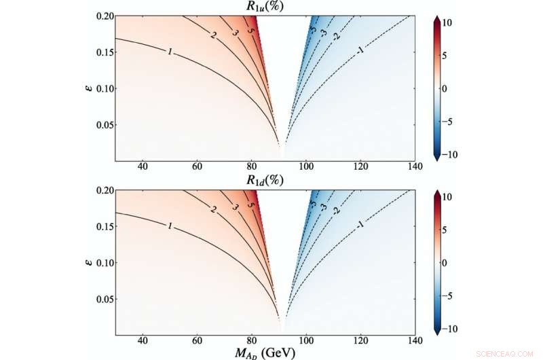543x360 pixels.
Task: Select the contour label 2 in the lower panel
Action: (x=214, y=211)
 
